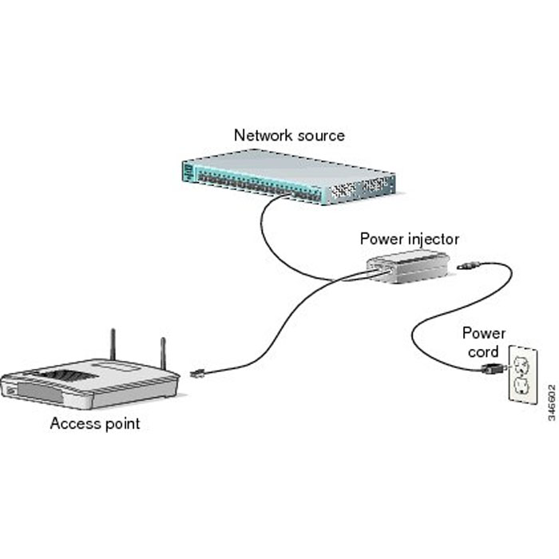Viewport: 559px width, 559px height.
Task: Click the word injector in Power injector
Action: coord(433,238)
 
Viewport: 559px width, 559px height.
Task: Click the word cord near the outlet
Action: coord(481,351)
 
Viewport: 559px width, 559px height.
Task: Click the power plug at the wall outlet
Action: coord(492,368)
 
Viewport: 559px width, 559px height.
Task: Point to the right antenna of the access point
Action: coord(163,357)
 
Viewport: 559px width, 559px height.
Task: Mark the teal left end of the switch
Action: coord(188,170)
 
